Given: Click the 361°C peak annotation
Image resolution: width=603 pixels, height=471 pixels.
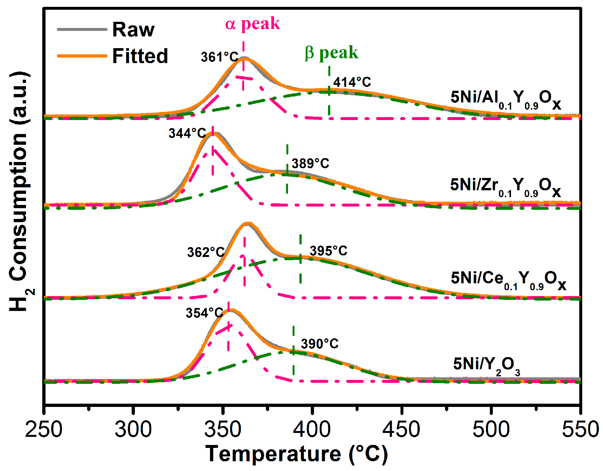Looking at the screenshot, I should click(219, 57).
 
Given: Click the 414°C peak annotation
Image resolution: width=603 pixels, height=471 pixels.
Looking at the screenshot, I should click(352, 82).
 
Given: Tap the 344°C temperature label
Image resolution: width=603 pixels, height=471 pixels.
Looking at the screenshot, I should click(187, 133).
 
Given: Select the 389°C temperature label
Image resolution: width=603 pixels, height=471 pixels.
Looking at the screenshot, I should click(310, 163).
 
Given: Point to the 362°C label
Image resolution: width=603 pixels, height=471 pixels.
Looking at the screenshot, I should click(206, 252).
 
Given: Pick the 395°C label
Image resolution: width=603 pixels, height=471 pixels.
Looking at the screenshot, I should click(328, 251).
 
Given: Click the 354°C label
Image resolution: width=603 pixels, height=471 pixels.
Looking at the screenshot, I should click(204, 313).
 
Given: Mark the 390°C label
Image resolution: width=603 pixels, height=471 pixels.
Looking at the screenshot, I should click(320, 343).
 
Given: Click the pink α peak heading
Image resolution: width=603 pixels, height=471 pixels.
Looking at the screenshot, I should click(252, 23).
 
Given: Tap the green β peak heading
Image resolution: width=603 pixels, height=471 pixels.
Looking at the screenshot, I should click(331, 52).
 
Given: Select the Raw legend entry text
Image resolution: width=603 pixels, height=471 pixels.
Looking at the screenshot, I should click(133, 30).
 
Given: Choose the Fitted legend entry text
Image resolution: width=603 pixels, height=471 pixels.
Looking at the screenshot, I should click(140, 56).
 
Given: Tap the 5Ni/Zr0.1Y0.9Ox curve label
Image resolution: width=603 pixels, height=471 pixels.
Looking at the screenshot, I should click(505, 186).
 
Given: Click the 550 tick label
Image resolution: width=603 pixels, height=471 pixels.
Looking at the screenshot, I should click(580, 429).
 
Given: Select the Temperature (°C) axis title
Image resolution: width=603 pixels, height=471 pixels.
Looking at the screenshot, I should click(296, 453).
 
